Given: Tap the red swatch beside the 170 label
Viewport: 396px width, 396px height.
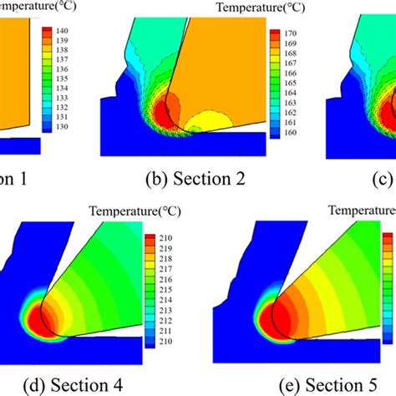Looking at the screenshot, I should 273,34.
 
